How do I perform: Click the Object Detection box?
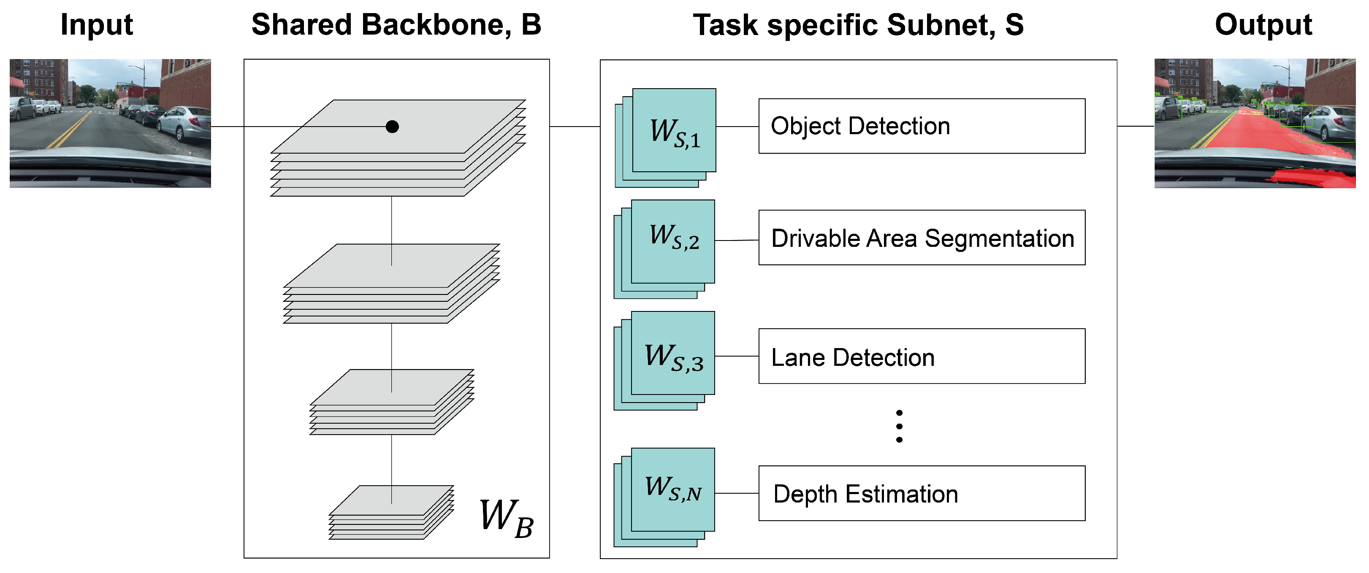[921, 127]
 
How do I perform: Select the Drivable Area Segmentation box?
[921, 238]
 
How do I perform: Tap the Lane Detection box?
[921, 357]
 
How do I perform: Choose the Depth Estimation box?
[921, 493]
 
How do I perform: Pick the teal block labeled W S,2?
[673, 242]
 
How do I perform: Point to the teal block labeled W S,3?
[673, 353]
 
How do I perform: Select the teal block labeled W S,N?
[673, 489]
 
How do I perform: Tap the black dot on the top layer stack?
[392, 127]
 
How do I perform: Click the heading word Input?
[96, 24]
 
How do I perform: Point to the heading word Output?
[1263, 24]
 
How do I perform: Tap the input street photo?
[110, 123]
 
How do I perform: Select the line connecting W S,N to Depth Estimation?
[737, 493]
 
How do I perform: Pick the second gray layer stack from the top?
[392, 284]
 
